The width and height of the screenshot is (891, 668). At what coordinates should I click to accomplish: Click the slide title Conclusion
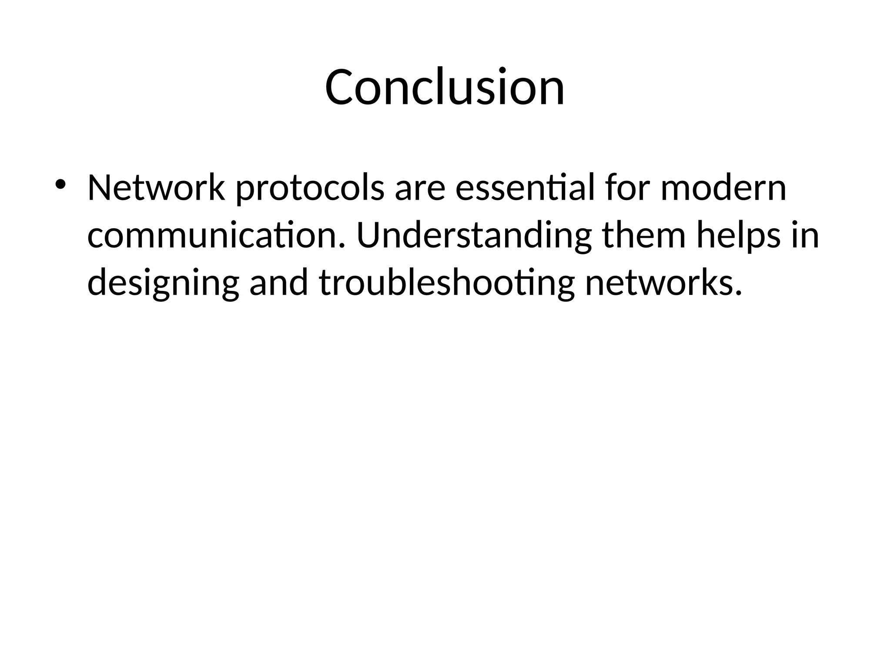pos(445,87)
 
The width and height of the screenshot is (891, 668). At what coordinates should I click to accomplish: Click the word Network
pos(156,189)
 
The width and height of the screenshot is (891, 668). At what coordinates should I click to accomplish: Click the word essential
pos(525,189)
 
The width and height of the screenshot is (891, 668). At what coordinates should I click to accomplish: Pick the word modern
pos(724,189)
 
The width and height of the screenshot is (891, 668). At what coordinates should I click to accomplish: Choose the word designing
pos(163,285)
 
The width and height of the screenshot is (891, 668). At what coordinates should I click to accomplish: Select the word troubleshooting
pos(447,284)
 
